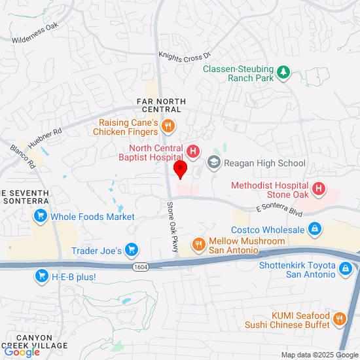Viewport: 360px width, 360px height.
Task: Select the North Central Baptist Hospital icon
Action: tap(193, 153)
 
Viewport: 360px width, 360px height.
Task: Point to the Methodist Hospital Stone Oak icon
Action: tap(319, 190)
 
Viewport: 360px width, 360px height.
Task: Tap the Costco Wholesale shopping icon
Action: tap(315, 230)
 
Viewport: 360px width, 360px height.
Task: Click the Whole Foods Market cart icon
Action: tap(41, 216)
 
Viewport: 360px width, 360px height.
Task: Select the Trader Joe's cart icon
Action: tap(132, 250)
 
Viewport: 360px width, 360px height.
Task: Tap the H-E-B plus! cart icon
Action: tap(42, 277)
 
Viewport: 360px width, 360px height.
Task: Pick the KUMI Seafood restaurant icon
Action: tap(338, 319)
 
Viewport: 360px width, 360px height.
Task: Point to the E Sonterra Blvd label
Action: tap(279, 209)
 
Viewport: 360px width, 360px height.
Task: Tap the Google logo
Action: tap(22, 351)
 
